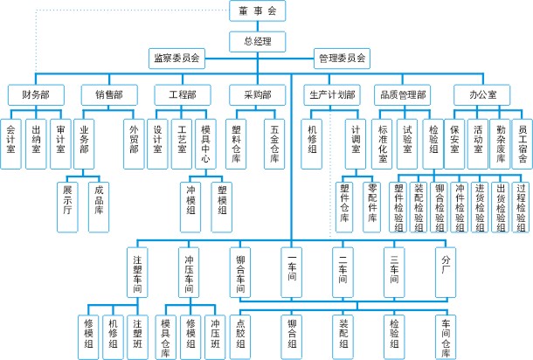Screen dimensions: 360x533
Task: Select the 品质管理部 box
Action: click(x=403, y=94)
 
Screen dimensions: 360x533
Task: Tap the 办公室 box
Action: click(x=477, y=94)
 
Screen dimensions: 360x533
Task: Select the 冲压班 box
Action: click(x=215, y=333)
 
